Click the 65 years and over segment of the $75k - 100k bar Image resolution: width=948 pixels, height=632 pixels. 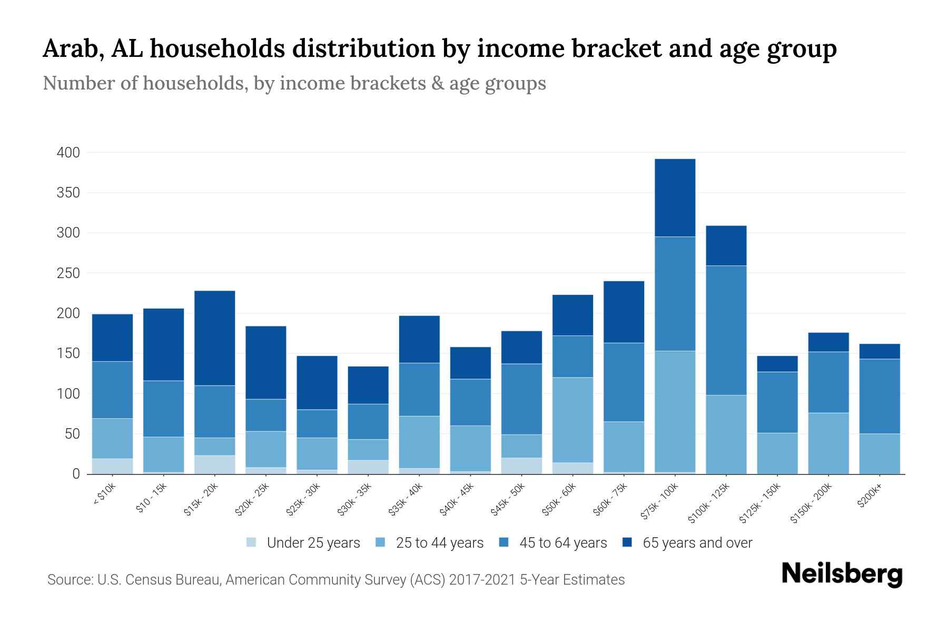[x=675, y=197]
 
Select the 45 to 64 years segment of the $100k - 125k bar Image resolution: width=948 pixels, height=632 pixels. [x=726, y=330]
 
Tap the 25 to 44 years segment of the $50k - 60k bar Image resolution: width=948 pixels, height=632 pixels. [x=572, y=420]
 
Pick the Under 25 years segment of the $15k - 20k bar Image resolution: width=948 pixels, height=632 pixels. [x=214, y=465]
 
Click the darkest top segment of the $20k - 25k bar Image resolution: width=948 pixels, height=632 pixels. [x=265, y=362]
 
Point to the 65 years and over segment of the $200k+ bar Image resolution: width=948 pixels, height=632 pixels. [x=879, y=351]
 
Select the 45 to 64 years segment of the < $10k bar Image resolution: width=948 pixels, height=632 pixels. [x=112, y=390]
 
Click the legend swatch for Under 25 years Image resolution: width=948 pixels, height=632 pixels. [x=251, y=542]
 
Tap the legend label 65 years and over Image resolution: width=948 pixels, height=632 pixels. [x=697, y=542]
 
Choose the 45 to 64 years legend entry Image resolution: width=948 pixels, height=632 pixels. [x=562, y=542]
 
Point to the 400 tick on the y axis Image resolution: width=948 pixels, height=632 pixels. [x=68, y=153]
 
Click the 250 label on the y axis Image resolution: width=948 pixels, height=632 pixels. [x=68, y=273]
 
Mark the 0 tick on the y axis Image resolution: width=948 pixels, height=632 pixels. [x=76, y=474]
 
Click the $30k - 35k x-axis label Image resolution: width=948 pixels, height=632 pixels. [x=354, y=499]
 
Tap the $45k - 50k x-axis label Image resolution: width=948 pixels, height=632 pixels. [x=508, y=499]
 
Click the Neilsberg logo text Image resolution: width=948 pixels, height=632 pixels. [x=842, y=574]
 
